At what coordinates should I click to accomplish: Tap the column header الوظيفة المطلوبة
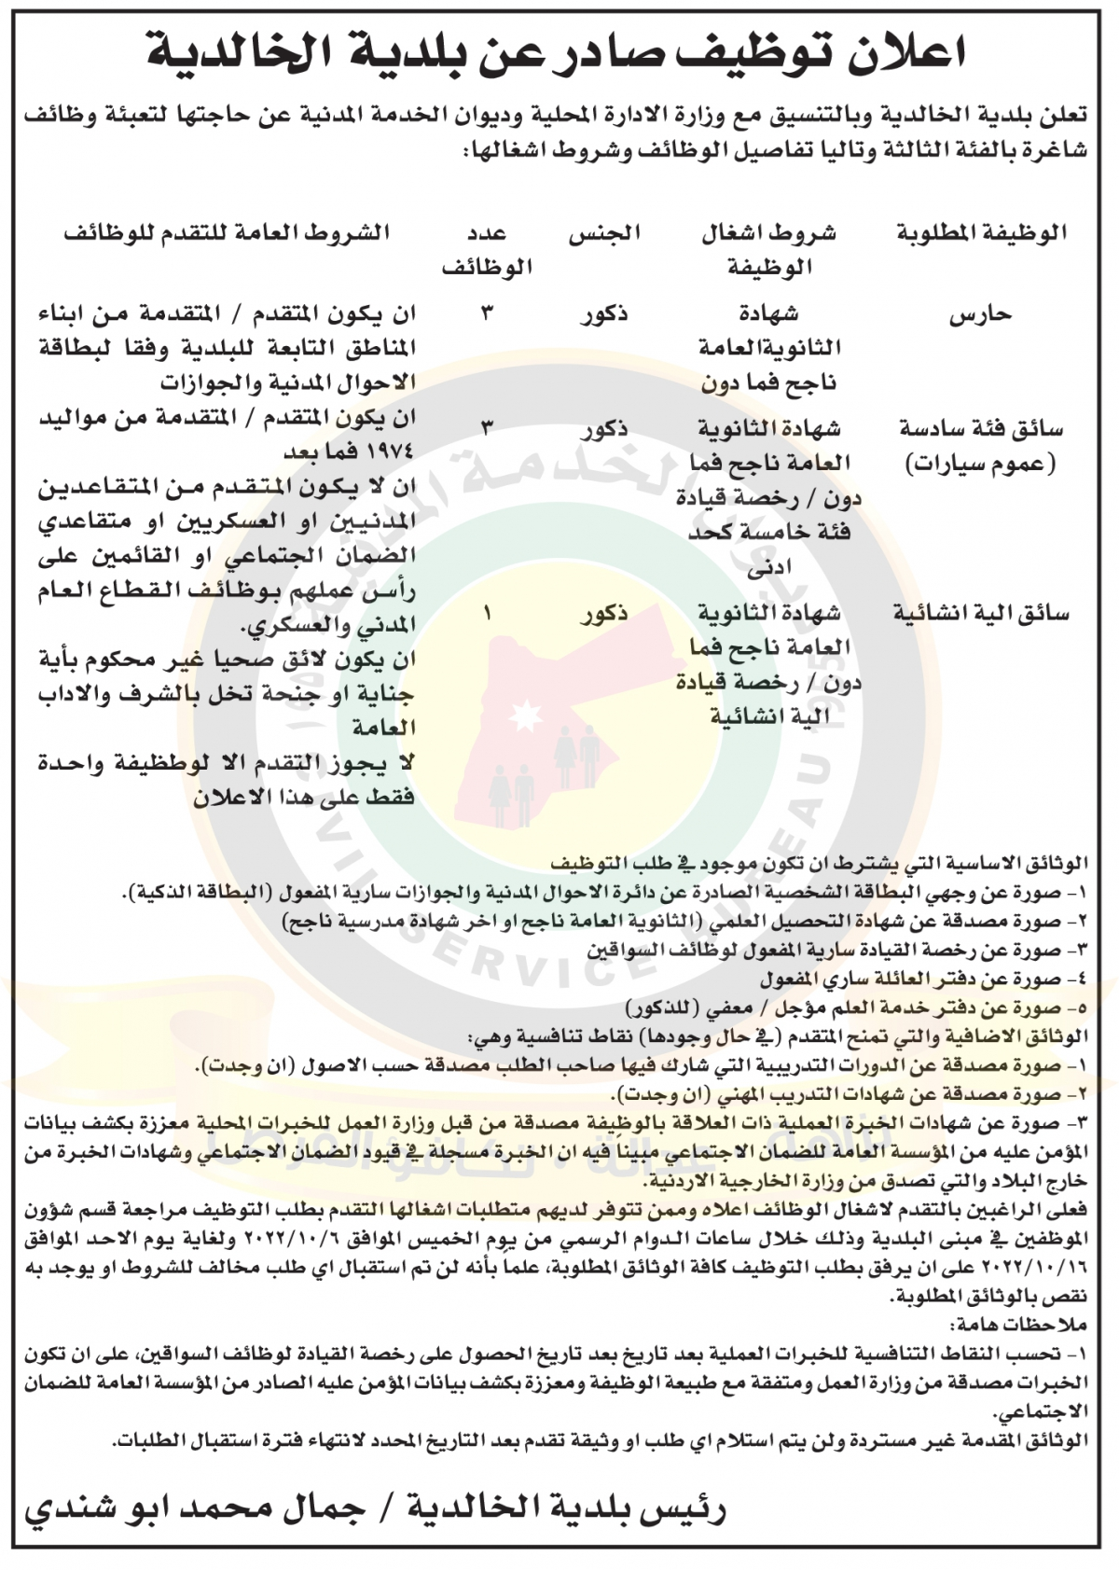(981, 234)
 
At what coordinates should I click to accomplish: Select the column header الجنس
(605, 234)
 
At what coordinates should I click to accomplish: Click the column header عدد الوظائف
(487, 250)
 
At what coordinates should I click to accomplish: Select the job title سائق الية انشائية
(980, 614)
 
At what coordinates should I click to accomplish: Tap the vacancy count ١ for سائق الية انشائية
(488, 614)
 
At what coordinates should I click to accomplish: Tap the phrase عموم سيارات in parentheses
(981, 464)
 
